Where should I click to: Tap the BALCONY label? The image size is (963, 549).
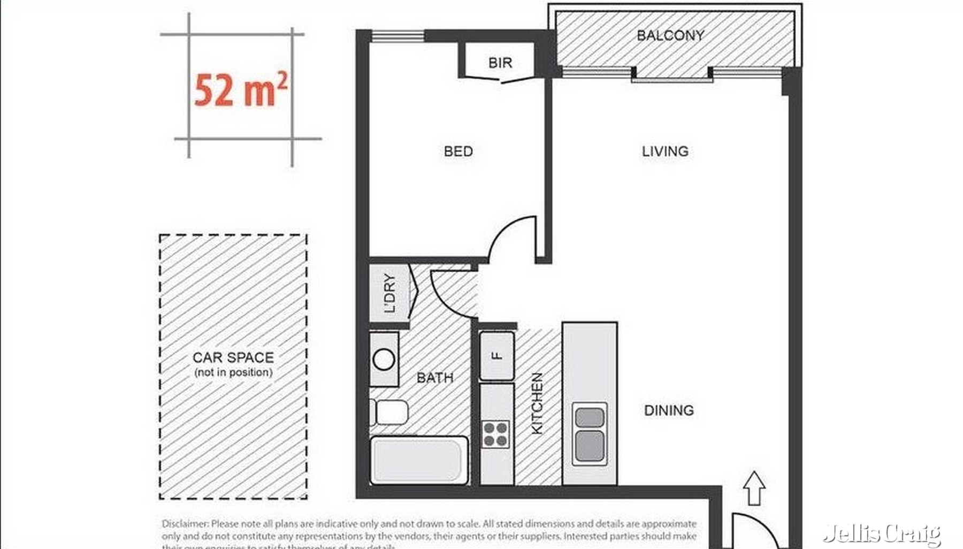670,36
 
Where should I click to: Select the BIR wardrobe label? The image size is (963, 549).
500,63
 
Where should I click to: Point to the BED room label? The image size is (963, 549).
458,151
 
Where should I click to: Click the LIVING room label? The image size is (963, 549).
665,151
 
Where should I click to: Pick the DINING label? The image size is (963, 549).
669,410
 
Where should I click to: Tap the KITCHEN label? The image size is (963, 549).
537,403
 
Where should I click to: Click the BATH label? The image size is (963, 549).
435,378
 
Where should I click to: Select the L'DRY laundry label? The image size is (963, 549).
389,293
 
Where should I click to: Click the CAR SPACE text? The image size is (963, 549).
233,357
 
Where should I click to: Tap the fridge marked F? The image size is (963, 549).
497,356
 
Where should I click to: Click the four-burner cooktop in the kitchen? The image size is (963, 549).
495,434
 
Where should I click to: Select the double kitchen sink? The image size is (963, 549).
590,433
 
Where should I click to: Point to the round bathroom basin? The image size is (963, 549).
384,360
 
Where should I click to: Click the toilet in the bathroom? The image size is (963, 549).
391,413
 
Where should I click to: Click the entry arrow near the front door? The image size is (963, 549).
754,488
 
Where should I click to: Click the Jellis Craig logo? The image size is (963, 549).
882,533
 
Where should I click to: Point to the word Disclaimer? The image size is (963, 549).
185,524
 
